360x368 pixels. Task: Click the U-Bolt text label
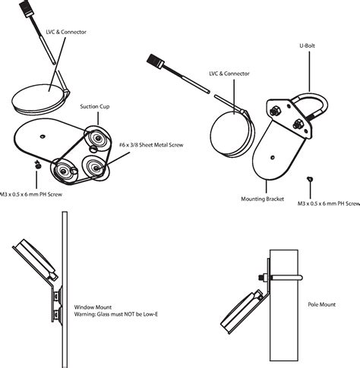(x=308, y=45)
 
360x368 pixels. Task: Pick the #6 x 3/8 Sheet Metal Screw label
(x=153, y=144)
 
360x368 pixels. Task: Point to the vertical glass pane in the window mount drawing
(x=65, y=288)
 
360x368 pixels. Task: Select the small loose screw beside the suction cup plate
(x=36, y=163)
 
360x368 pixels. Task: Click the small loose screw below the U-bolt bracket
(x=310, y=178)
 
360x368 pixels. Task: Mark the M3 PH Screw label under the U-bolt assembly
(x=327, y=204)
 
